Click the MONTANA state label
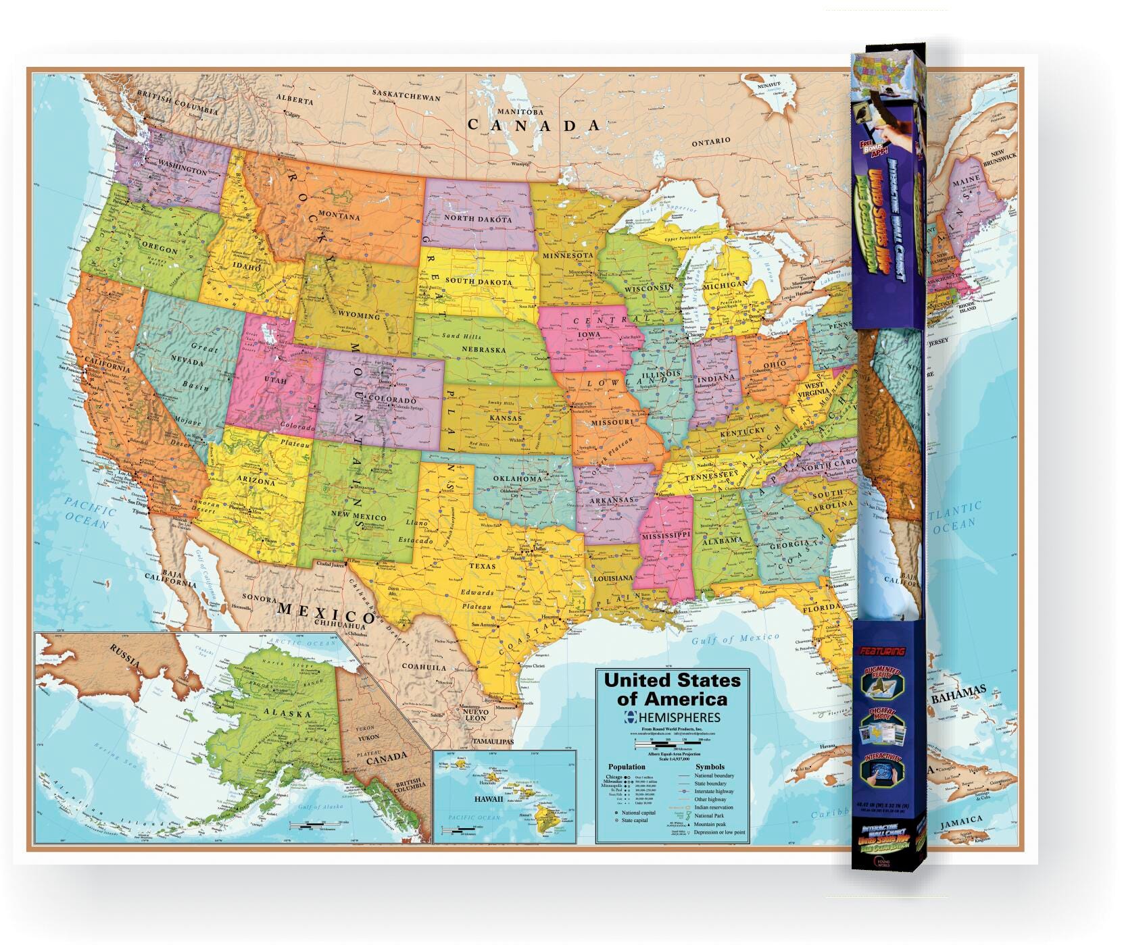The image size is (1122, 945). coord(339,216)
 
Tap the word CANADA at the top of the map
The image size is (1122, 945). coord(534,125)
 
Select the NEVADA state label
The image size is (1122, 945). coord(187,362)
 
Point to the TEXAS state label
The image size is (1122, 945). coord(483,566)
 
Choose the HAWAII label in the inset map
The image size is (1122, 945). coord(488,798)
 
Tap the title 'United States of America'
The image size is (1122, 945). coord(672,689)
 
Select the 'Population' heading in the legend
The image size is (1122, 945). coord(626,767)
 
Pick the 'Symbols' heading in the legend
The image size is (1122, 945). coord(710,767)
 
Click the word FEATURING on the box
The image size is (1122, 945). coord(882,652)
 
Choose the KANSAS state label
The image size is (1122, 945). coord(506,418)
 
